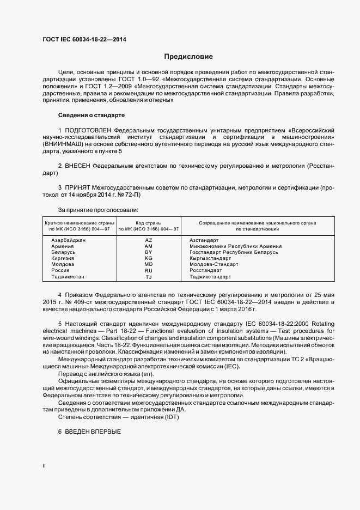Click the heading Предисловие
coord(189,57)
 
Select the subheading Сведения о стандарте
coord(91,116)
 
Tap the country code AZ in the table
coord(148,240)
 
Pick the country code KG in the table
coord(148,258)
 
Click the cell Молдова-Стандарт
coord(213,264)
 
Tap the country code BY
coord(148,252)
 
